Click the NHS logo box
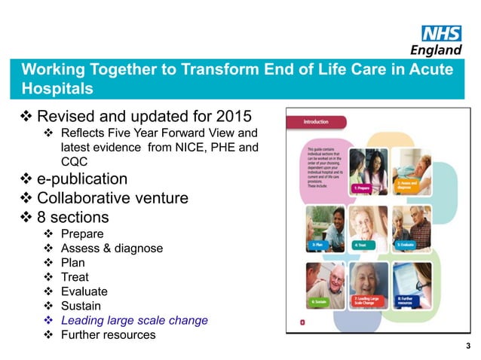click(441, 33)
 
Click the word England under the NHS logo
click(436, 50)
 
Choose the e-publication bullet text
click(81, 179)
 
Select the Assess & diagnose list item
click(111, 248)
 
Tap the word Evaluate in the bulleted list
click(84, 291)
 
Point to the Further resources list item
click(108, 334)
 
